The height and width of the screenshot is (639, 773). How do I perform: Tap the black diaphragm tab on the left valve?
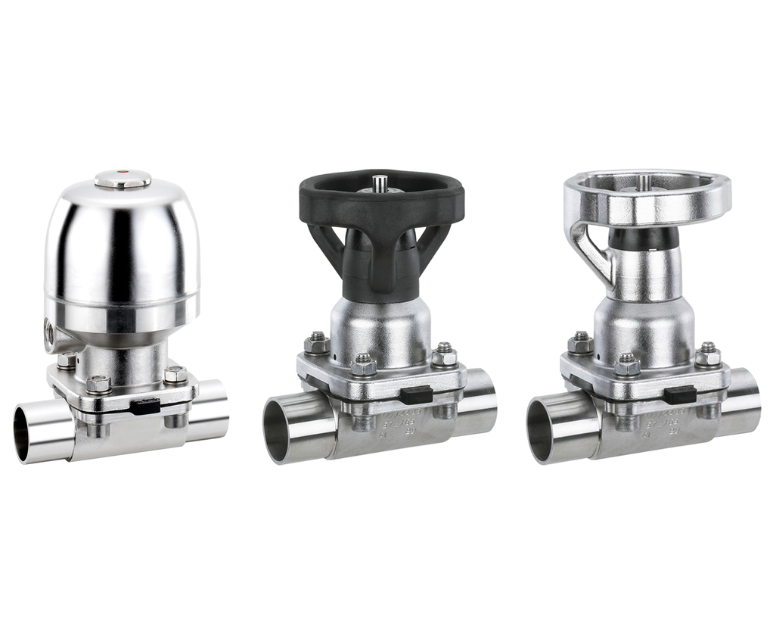pos(145,407)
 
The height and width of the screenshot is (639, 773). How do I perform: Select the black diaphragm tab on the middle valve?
pos(416,394)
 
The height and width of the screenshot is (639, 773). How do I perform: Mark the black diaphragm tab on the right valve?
pos(679,394)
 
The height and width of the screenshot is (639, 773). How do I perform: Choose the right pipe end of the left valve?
pos(212,410)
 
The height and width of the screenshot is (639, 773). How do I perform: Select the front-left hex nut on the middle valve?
pos(364,366)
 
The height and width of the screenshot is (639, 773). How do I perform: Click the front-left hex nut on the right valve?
pos(627,366)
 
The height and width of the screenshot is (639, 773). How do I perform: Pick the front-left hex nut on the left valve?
pos(98,384)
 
